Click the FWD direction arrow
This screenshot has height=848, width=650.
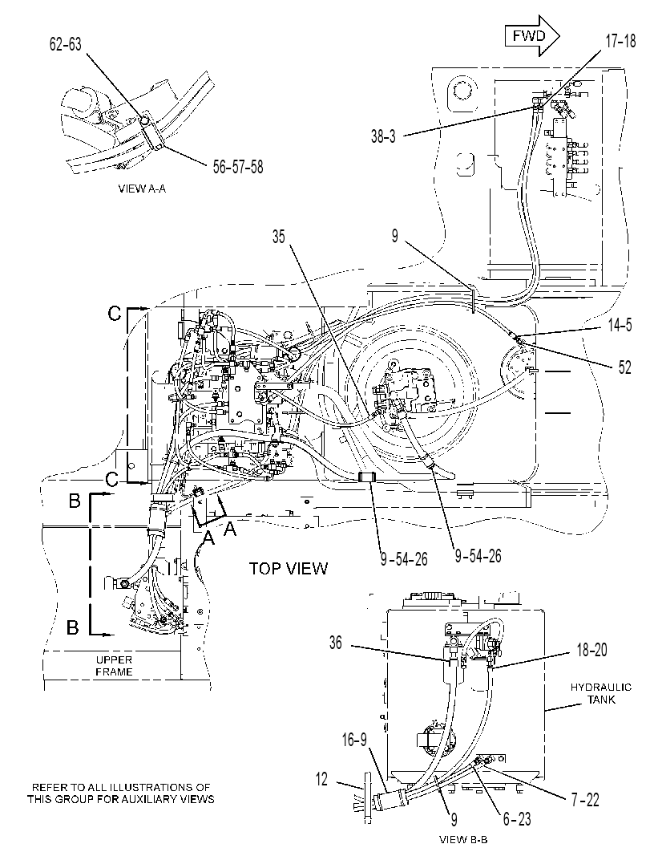point(531,36)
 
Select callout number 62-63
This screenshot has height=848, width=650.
point(66,44)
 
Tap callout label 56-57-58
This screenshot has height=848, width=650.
point(238,167)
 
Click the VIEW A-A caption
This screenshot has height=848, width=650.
point(142,189)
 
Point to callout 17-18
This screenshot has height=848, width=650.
point(620,42)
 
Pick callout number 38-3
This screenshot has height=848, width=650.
point(383,136)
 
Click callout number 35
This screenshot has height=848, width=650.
point(278,237)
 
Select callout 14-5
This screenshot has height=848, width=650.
point(620,326)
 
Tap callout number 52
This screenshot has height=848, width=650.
point(624,367)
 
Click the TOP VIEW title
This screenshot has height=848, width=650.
point(288,568)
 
